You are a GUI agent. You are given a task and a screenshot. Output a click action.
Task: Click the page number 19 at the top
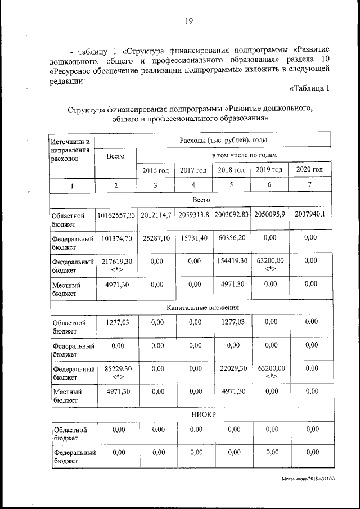188,21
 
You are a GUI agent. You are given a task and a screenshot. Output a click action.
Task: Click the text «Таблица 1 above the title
309,88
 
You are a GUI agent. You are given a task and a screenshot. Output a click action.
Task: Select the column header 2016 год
155,170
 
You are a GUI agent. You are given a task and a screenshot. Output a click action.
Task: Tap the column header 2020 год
309,169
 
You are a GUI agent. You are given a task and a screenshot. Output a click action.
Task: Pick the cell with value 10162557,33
116,214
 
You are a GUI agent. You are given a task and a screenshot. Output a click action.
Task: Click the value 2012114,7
155,214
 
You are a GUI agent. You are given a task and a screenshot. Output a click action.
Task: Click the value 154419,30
231,261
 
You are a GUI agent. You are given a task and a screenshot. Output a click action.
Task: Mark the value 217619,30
116,261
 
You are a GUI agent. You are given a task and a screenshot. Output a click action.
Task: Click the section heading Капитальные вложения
203,308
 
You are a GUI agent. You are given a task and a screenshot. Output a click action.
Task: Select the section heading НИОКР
203,415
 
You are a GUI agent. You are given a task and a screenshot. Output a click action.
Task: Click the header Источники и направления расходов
71,149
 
